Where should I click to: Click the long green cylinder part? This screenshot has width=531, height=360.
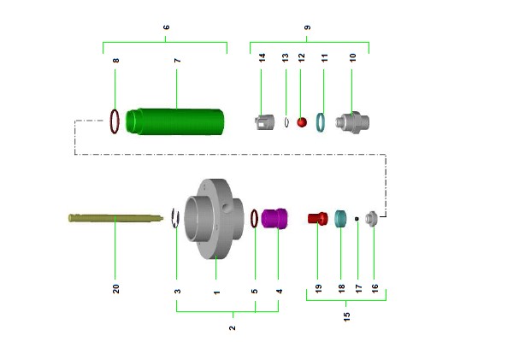[x=175, y=121]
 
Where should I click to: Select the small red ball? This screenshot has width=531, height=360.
[x=302, y=122]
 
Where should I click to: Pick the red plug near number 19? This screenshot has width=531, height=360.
[x=316, y=218]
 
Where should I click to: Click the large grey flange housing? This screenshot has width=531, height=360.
[x=213, y=220]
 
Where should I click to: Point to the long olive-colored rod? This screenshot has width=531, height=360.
[x=115, y=218]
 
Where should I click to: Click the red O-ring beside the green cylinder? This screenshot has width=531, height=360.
[x=115, y=121]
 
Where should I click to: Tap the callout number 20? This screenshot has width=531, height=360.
[x=115, y=288]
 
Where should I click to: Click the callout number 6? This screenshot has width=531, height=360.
[x=166, y=27]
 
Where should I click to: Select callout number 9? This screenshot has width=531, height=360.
[x=307, y=27]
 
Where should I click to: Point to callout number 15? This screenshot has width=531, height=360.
[x=346, y=316]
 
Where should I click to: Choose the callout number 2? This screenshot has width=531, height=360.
[x=232, y=328]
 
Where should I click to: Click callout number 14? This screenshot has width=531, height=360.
[x=263, y=58]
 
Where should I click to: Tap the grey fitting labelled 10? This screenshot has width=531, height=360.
[x=352, y=122]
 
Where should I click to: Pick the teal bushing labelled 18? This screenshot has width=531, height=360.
[x=341, y=218]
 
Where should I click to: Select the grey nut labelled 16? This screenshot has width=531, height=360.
[x=372, y=218]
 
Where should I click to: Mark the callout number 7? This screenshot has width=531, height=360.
[x=177, y=61]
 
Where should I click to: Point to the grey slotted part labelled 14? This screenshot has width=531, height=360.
[x=263, y=122]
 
